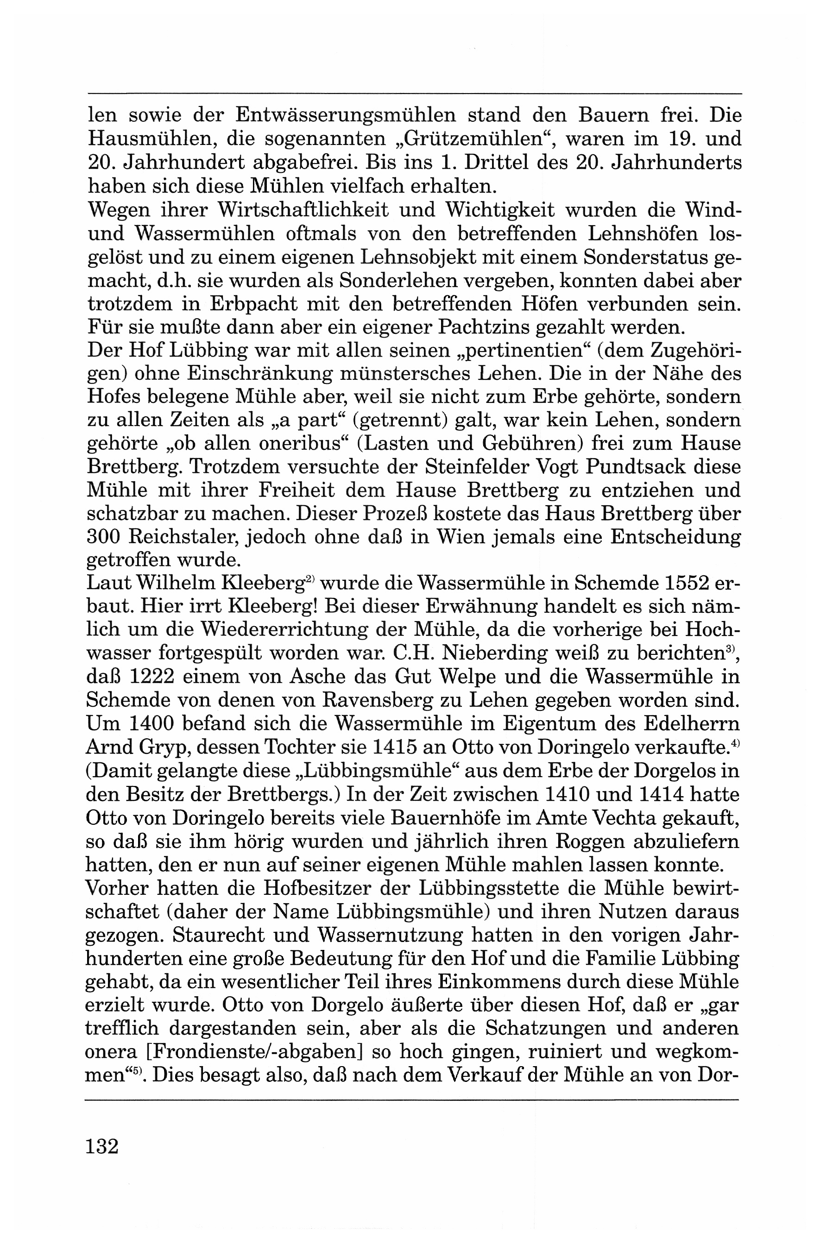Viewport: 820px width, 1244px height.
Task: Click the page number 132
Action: click(x=102, y=1146)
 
